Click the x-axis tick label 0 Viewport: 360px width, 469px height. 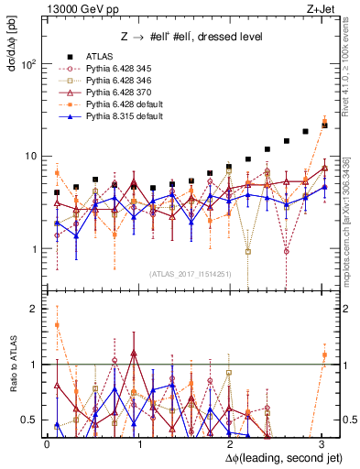click(47, 443)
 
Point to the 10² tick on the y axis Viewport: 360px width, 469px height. click(27, 64)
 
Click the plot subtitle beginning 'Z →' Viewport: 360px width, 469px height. click(189, 37)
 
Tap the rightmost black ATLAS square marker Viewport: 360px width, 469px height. click(324, 125)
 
